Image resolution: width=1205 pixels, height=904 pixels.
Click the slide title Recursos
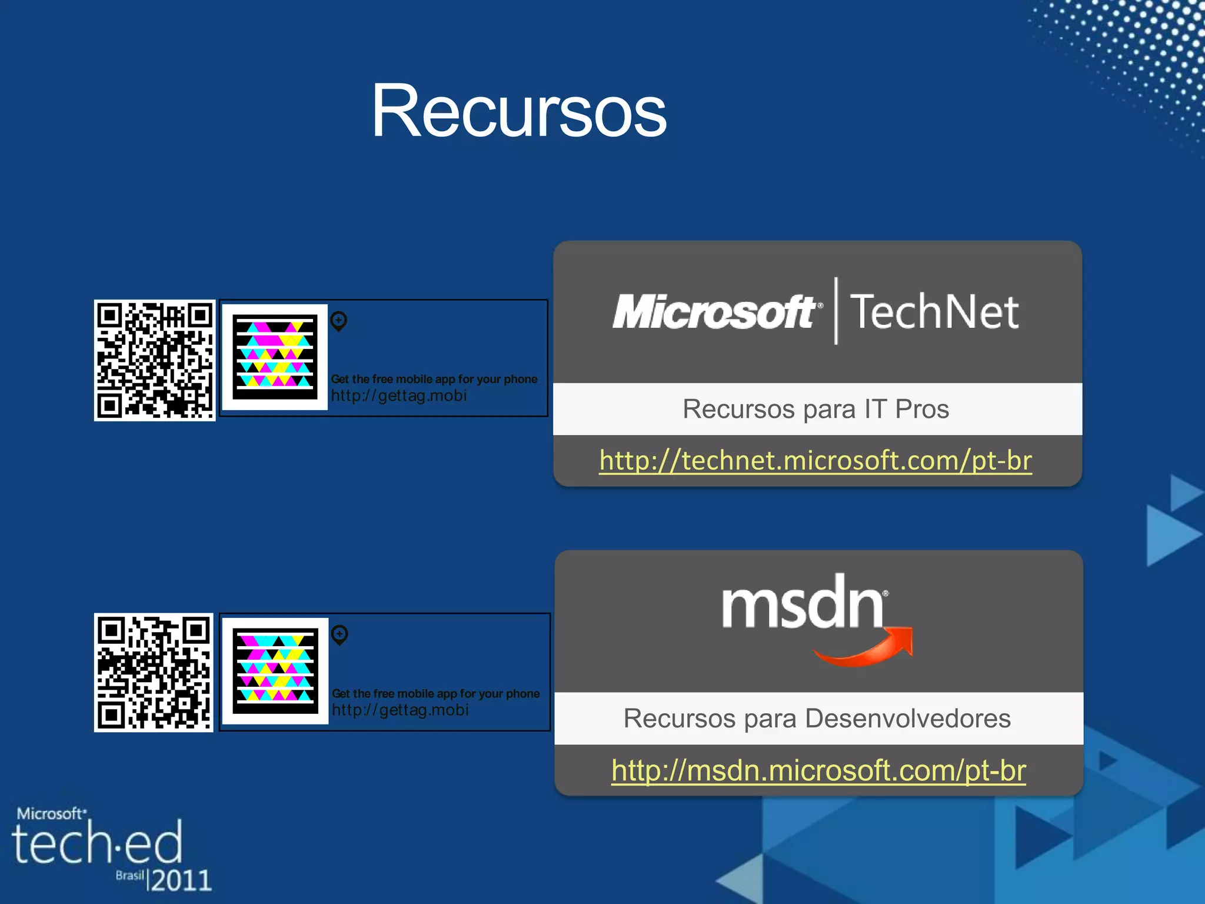[519, 112]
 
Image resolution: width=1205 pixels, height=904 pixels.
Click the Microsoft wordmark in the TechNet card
[714, 312]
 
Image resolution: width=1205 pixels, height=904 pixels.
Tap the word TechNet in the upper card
[934, 312]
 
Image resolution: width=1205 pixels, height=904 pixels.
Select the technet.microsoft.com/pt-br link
[815, 460]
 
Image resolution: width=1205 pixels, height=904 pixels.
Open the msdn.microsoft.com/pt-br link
[818, 770]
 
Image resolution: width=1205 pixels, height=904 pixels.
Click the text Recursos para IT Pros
[815, 409]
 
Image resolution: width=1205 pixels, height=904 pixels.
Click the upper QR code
[155, 360]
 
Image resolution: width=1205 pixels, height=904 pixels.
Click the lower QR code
[154, 673]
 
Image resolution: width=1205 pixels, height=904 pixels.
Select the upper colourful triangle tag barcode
[275, 357]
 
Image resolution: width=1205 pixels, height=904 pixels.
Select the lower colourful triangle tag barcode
[275, 671]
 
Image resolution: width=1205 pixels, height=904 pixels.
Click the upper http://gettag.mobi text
[399, 395]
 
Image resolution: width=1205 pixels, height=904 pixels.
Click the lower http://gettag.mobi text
[400, 710]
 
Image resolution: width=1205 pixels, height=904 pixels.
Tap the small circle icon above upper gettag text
[339, 321]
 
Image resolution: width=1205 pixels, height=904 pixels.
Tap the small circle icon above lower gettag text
[339, 635]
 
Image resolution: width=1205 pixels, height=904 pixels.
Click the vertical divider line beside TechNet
[836, 311]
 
